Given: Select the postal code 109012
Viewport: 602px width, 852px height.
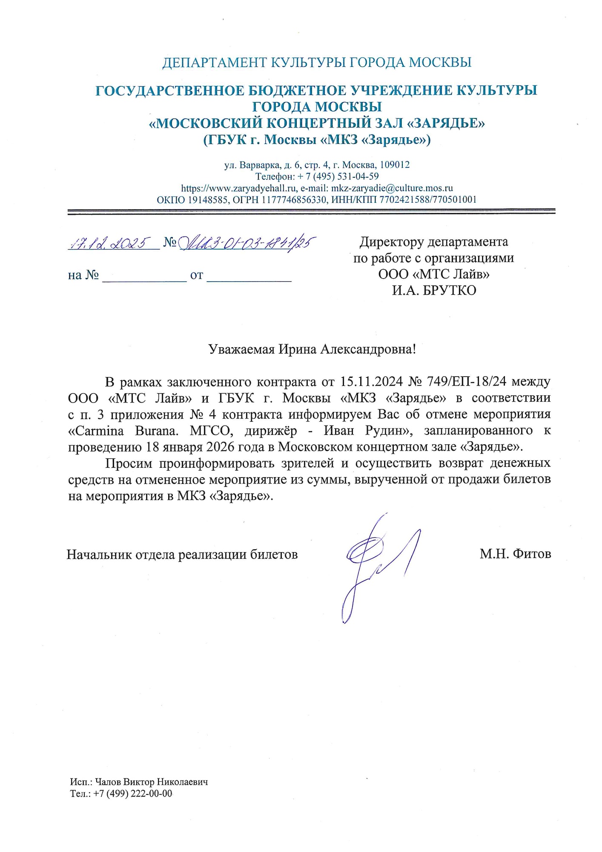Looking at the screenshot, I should tap(395, 165).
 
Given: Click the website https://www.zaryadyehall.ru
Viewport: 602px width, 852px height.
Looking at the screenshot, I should tap(238, 188).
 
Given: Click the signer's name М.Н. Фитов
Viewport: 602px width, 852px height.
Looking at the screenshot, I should tap(515, 554).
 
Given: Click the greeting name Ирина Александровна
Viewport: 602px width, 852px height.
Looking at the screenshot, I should tap(345, 349).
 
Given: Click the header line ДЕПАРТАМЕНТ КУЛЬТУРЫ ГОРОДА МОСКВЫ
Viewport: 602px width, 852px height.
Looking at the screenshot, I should tap(317, 63).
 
